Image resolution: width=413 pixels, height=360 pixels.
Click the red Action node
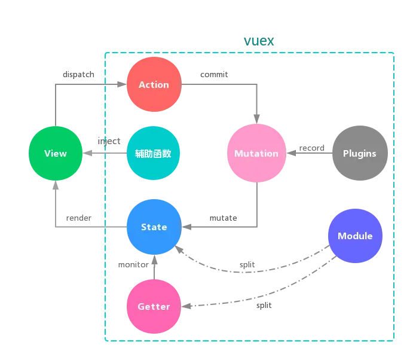[x=154, y=85]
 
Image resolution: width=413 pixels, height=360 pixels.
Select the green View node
[x=56, y=154]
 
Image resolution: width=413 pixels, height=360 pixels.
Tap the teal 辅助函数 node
[x=154, y=154]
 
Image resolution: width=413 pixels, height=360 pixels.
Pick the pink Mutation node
[x=256, y=154]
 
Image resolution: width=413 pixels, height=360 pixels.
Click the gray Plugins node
[x=359, y=154]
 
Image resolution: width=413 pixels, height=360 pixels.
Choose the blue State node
[x=154, y=227]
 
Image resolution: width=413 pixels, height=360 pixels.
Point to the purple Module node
[x=354, y=236]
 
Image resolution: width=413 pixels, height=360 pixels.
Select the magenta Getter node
[x=154, y=307]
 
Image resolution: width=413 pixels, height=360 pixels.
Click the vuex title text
[x=259, y=41]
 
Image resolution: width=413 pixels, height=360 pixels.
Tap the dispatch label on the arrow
[x=79, y=75]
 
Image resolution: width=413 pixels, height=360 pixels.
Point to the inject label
[x=109, y=142]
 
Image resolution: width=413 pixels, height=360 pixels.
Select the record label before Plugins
[x=311, y=148]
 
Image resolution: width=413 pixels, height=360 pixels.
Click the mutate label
[x=223, y=218]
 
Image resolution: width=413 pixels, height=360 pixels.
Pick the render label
[x=79, y=218]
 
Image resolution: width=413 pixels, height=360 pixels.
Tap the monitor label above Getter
[x=133, y=265]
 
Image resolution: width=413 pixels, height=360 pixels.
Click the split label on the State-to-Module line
[x=247, y=265]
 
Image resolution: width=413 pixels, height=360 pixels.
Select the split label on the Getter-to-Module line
[x=264, y=306]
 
